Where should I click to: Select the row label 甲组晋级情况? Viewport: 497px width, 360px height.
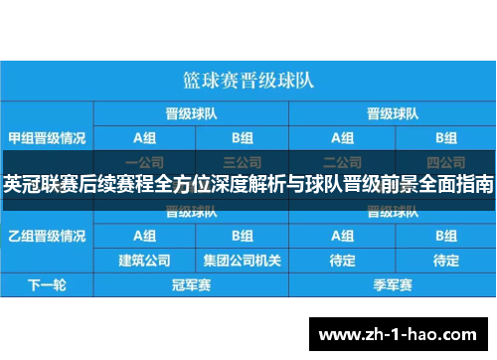46,136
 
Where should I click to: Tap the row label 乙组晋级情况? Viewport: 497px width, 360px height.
46,236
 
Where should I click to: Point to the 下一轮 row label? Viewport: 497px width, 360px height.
46,285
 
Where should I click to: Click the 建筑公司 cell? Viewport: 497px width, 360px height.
144,261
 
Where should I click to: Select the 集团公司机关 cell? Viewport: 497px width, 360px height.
243,261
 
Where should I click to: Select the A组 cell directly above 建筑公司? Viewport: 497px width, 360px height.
144,236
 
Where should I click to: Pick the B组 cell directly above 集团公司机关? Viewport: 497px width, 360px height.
243,236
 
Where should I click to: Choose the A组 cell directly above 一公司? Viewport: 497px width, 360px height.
144,136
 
